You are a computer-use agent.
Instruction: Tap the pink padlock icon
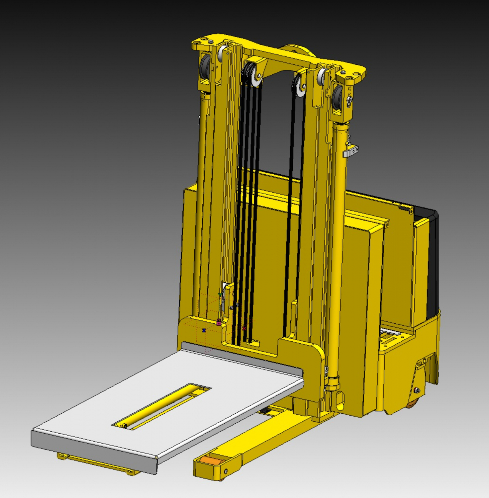pos(219,322)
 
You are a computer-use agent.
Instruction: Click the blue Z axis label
pos(204,330)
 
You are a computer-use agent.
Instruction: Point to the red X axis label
pos(244,328)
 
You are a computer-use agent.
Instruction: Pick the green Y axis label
pos(220,294)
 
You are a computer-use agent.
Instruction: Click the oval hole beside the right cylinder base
pos(339,400)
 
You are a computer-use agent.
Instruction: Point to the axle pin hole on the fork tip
pos(226,471)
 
